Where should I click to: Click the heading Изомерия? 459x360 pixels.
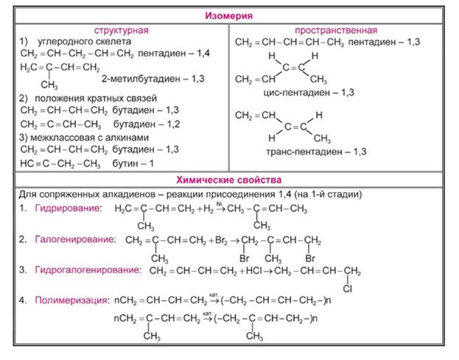pyautogui.click(x=228, y=15)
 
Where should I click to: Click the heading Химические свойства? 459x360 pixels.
pyautogui.click(x=228, y=180)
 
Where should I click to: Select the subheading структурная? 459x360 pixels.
pyautogui.click(x=121, y=30)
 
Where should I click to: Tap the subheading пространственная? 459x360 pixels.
pyautogui.click(x=336, y=30)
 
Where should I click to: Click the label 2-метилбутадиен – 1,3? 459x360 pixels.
pyautogui.click(x=153, y=79)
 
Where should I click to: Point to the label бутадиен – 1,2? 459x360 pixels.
pyautogui.click(x=147, y=124)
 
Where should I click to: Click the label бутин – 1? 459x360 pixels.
pyautogui.click(x=133, y=163)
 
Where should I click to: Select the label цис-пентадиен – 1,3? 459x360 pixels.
pyautogui.click(x=309, y=93)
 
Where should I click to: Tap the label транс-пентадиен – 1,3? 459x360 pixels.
pyautogui.click(x=316, y=152)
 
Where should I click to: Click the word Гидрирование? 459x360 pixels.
pyautogui.click(x=69, y=208)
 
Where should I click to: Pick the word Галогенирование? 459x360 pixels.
pyautogui.click(x=75, y=239)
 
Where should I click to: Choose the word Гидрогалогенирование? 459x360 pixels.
pyautogui.click(x=88, y=270)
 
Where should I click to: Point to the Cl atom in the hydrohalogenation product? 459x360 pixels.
pyautogui.click(x=348, y=289)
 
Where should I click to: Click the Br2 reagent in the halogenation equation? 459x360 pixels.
pyautogui.click(x=221, y=241)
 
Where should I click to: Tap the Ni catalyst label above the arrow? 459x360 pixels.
pyautogui.click(x=220, y=204)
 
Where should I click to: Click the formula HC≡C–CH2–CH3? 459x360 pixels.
pyautogui.click(x=60, y=163)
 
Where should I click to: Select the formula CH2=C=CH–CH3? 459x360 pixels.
pyautogui.click(x=61, y=124)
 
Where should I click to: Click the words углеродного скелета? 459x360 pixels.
pyautogui.click(x=84, y=41)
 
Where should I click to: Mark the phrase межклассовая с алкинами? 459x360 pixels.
pyautogui.click(x=90, y=138)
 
